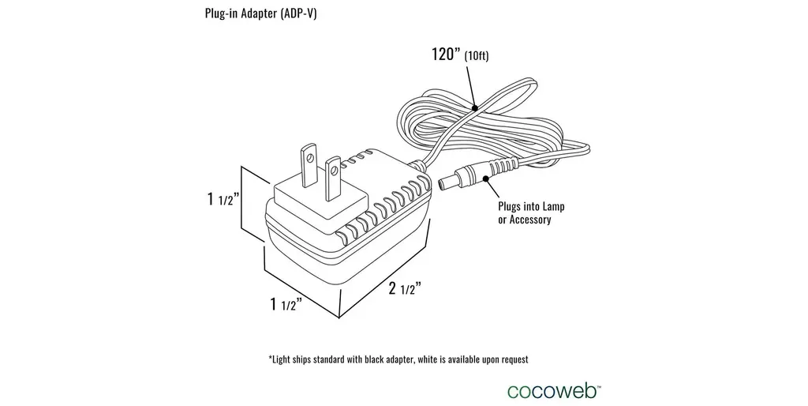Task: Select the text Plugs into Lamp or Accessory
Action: [x=531, y=212]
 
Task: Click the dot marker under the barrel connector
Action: [x=490, y=179]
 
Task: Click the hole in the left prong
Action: [x=312, y=159]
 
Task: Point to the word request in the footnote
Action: [x=511, y=359]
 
